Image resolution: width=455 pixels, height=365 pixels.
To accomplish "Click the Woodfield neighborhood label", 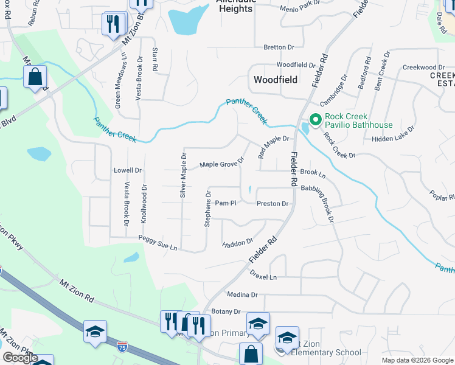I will (x=275, y=79).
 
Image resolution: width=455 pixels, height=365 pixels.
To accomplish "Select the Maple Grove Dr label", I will (x=222, y=164).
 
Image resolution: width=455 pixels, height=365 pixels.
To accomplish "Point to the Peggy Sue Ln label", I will (x=158, y=243).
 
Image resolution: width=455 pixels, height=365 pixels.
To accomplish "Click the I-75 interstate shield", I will (x=122, y=347).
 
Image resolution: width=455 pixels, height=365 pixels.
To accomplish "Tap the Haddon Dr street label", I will (x=238, y=242).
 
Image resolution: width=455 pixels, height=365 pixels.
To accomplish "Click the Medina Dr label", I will (x=242, y=294).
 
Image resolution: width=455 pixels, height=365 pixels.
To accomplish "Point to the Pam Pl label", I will (x=225, y=203).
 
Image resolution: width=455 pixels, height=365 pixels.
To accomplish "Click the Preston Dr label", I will (x=272, y=204).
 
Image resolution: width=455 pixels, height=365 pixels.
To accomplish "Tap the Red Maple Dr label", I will (x=273, y=147).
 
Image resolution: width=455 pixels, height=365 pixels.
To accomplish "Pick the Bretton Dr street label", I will (x=279, y=47).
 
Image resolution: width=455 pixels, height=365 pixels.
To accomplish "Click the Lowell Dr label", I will (x=127, y=171).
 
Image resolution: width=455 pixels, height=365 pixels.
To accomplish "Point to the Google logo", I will (x=20, y=358).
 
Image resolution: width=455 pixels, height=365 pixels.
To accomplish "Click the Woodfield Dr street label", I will (x=296, y=64).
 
